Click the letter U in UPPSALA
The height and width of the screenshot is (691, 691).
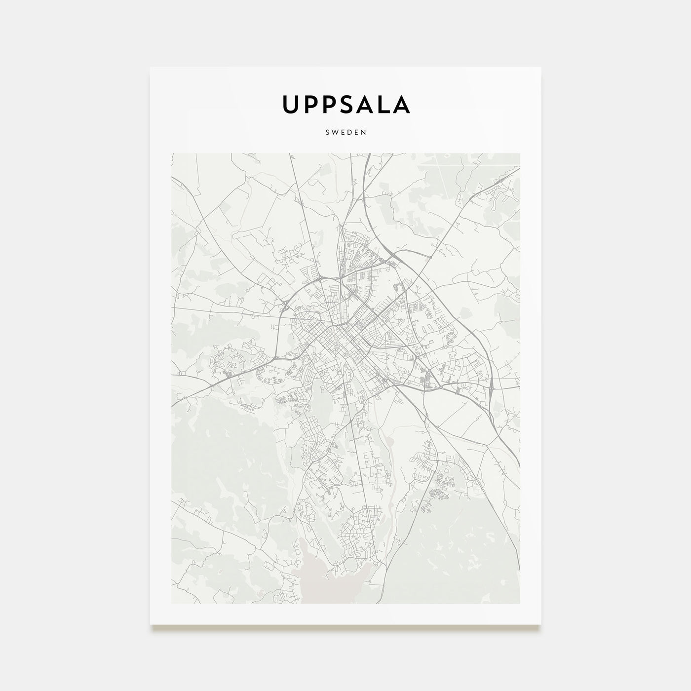pyautogui.click(x=290, y=104)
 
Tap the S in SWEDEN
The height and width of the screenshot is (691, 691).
pyautogui.click(x=328, y=132)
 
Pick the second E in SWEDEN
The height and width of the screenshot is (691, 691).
pyautogui.click(x=356, y=132)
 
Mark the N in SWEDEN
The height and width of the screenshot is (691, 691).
pyautogui.click(x=363, y=132)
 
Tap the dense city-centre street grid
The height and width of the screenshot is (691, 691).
pyautogui.click(x=341, y=336)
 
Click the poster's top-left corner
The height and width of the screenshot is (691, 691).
pyautogui.click(x=151, y=67)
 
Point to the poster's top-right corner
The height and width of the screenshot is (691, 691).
pyautogui.click(x=541, y=67)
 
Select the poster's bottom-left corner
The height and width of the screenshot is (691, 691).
pyautogui.click(x=151, y=624)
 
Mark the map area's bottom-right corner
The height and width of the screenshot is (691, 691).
pyautogui.click(x=520, y=603)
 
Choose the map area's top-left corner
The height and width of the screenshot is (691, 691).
pyautogui.click(x=171, y=153)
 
